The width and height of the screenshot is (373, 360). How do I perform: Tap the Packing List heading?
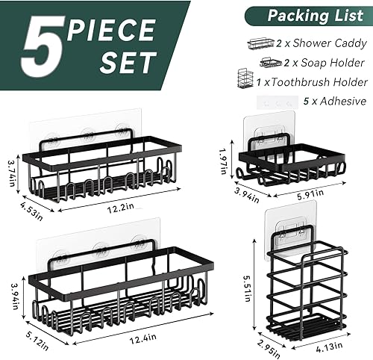click(310, 14)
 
